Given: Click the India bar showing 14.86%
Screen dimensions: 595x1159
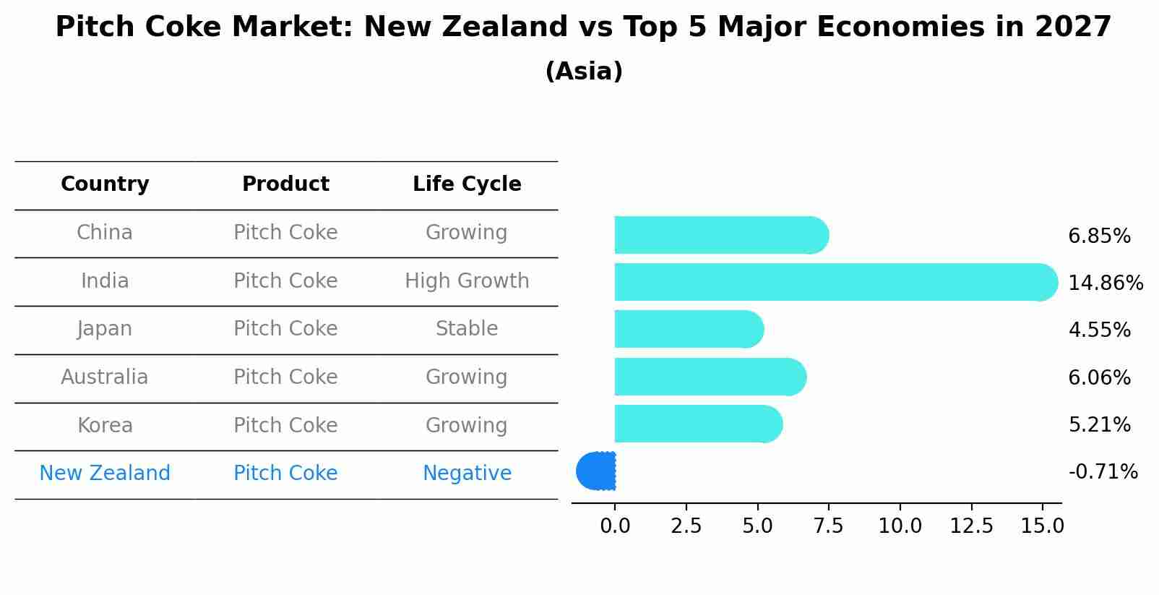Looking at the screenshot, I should click(x=831, y=282).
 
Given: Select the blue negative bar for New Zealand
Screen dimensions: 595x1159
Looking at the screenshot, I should click(x=597, y=471).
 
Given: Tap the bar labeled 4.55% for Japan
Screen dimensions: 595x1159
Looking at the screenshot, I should click(x=686, y=329).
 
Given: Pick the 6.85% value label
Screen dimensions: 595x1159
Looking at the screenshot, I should click(x=1099, y=236).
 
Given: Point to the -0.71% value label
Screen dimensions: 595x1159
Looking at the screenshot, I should click(x=1103, y=472).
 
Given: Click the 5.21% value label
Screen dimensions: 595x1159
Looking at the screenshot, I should click(x=1099, y=425).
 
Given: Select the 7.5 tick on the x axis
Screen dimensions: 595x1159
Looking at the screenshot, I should click(x=828, y=526).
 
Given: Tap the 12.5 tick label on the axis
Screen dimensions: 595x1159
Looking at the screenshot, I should click(x=971, y=526).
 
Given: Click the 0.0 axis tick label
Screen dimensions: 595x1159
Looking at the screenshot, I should click(x=615, y=526).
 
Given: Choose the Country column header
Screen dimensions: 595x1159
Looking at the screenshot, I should click(x=105, y=184).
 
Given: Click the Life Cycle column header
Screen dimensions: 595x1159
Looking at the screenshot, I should click(x=467, y=184).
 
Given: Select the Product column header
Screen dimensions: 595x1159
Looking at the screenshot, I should click(x=285, y=184).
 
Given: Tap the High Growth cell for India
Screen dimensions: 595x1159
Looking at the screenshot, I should click(x=467, y=281).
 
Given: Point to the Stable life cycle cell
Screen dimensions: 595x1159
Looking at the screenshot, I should click(x=467, y=329).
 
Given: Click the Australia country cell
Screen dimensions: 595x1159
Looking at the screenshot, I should click(x=105, y=377).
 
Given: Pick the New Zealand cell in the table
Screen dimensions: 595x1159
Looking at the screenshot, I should click(x=105, y=474).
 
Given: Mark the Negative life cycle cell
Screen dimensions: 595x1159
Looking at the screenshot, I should click(x=467, y=474).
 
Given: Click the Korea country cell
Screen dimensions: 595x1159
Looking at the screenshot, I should click(x=105, y=426).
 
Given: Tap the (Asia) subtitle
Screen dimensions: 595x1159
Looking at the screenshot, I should click(x=584, y=72).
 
